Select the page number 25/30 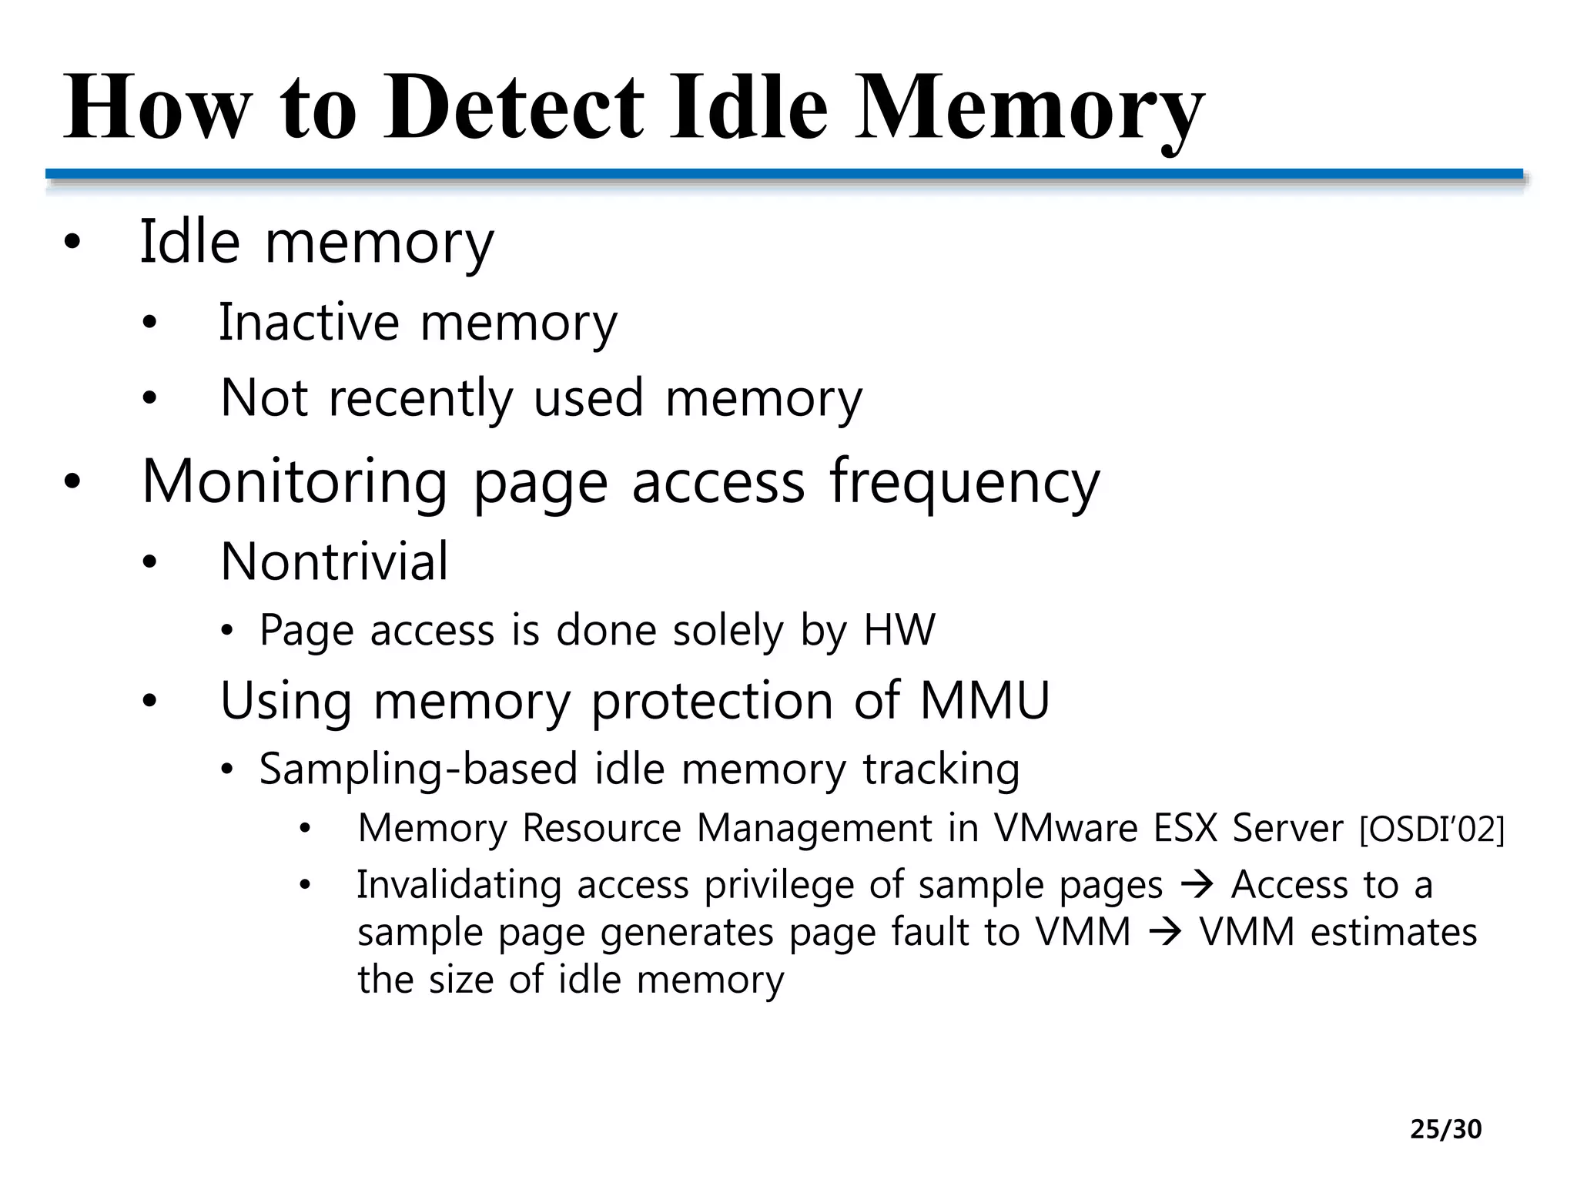point(1445,1129)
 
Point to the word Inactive point(309,322)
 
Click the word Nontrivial point(333,561)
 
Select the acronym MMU point(985,700)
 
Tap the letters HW point(899,630)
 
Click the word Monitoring point(294,481)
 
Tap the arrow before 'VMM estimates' point(1165,933)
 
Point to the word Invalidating point(459,885)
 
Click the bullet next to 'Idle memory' point(72,243)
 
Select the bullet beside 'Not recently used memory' point(149,399)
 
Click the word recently point(420,399)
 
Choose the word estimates point(1394,933)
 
